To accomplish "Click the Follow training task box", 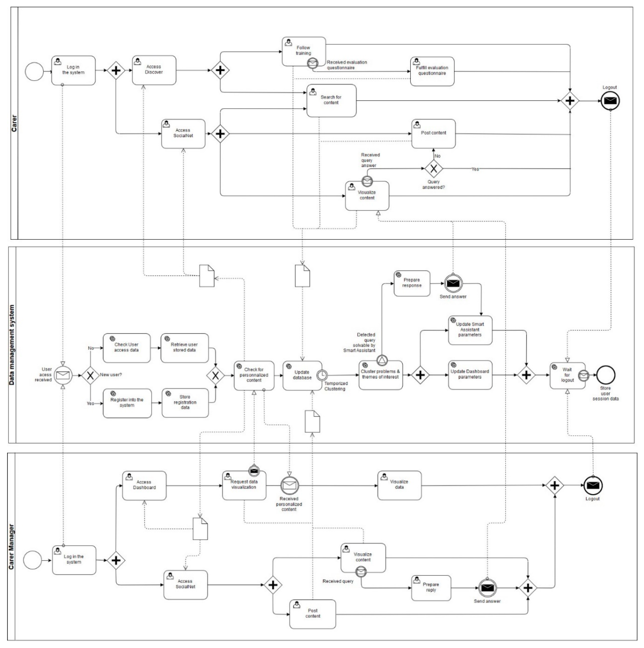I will (304, 51).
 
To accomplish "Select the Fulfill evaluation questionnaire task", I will (432, 71).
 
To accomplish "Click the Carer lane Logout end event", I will (610, 101).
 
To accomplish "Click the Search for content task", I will (331, 100).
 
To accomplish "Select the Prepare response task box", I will (412, 283).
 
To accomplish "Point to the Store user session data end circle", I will (605, 375).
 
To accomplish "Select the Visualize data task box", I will (399, 485).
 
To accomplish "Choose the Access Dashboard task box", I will (144, 485).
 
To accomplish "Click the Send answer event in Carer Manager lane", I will (487, 588).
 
